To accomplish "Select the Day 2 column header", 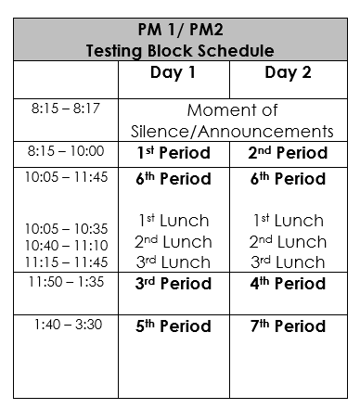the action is tap(288, 73).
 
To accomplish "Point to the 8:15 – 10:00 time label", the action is tap(67, 150).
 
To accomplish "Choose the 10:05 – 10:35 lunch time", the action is tap(66, 228).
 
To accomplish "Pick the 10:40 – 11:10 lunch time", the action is tap(66, 245).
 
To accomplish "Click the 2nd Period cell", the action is tap(289, 153).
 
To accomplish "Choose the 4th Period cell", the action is tap(289, 283).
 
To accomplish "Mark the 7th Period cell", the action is tap(289, 326).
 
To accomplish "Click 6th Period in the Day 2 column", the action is tap(289, 178).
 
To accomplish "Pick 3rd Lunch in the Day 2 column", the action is tap(289, 262).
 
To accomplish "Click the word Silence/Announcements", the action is tap(234, 132).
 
